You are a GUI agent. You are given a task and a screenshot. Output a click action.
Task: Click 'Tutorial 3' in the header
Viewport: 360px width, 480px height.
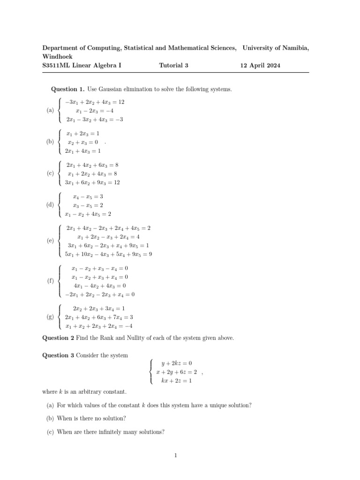point(173,66)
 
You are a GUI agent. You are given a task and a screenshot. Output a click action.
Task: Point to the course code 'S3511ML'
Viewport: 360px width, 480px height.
point(56,66)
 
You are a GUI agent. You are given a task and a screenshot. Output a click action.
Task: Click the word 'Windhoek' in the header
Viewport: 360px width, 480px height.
point(56,56)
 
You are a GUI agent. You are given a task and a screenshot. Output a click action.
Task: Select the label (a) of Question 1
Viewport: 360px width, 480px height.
point(50,111)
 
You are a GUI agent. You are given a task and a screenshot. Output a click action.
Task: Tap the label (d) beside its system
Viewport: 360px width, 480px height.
point(50,205)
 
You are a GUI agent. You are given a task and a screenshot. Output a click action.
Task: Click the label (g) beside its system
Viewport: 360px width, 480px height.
point(50,317)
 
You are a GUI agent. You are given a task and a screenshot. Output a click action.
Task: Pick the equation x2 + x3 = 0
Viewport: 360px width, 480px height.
point(82,142)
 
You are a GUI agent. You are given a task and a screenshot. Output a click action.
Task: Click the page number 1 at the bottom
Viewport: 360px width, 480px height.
point(174,454)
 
